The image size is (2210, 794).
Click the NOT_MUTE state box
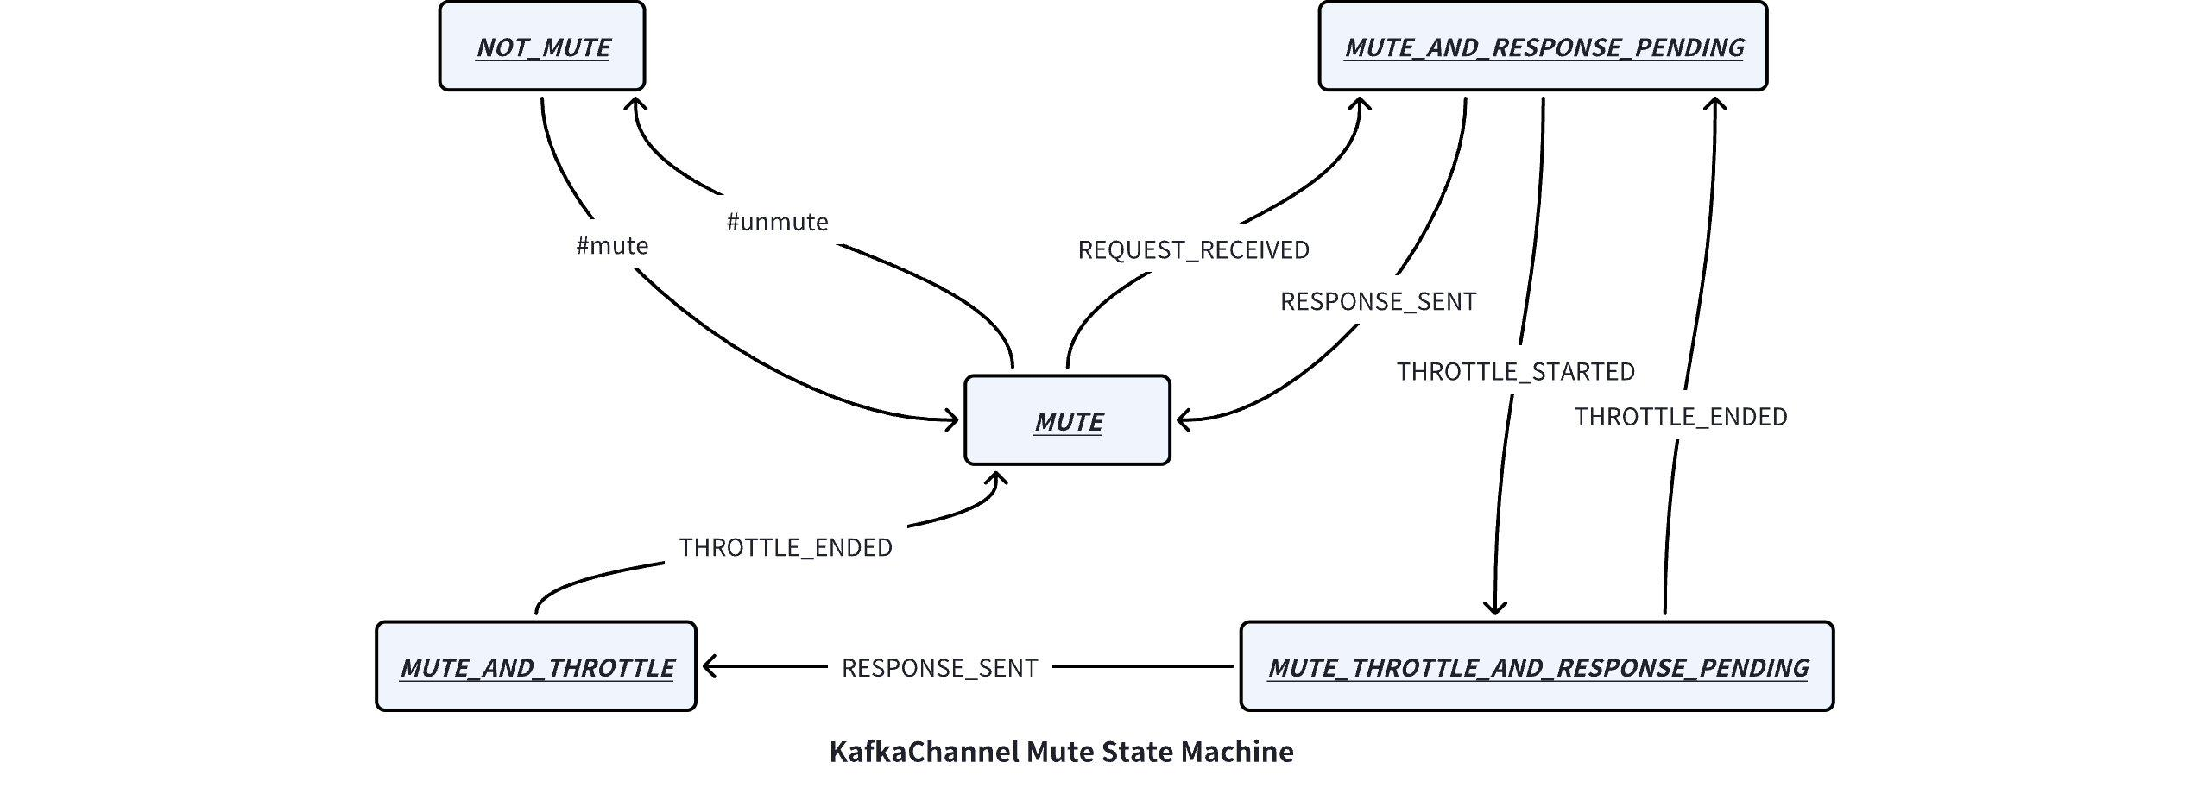pyautogui.click(x=542, y=47)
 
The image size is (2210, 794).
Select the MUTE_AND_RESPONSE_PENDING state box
pyautogui.click(x=1543, y=47)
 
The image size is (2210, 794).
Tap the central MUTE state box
pyautogui.click(x=1067, y=421)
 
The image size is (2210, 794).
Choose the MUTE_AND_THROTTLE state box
pyautogui.click(x=536, y=667)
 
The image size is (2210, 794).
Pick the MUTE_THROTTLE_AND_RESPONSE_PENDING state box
pyautogui.click(x=1537, y=667)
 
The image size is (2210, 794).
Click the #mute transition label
pyautogui.click(x=612, y=246)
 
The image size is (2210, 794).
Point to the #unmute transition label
pyautogui.click(x=777, y=223)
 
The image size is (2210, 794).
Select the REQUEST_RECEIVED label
pyautogui.click(x=1193, y=250)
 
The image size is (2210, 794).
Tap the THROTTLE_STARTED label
pyautogui.click(x=1515, y=372)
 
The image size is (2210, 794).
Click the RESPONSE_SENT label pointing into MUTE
pyautogui.click(x=1378, y=302)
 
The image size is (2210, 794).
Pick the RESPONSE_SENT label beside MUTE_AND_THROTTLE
pyautogui.click(x=939, y=668)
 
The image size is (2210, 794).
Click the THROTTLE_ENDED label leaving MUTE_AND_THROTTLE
pyautogui.click(x=785, y=548)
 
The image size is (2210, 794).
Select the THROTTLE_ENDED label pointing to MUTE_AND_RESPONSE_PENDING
pyautogui.click(x=1680, y=418)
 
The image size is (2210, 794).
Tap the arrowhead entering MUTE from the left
pyautogui.click(x=953, y=421)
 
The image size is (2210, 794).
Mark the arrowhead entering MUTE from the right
pyautogui.click(x=1183, y=421)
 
